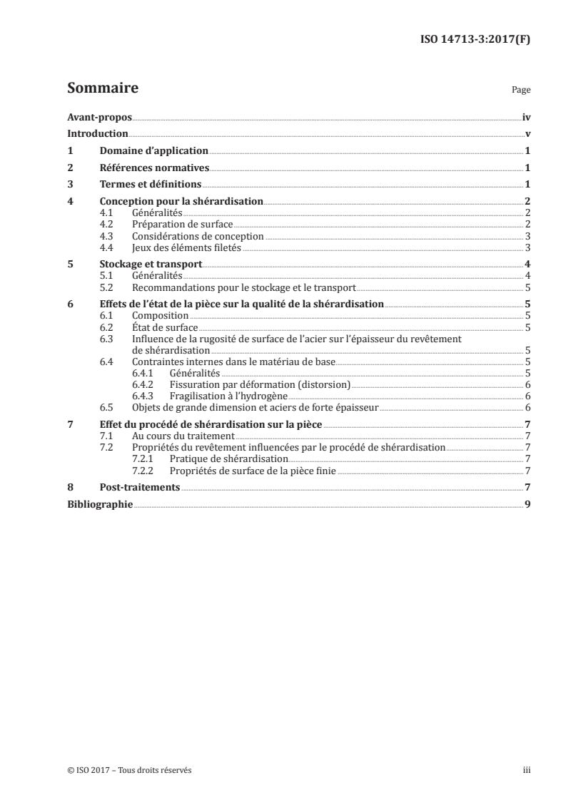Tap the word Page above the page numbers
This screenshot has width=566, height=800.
click(x=521, y=91)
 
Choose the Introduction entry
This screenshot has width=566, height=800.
click(x=97, y=133)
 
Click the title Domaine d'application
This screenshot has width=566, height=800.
click(x=153, y=150)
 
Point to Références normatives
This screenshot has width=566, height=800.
click(x=154, y=168)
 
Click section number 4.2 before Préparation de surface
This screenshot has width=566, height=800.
click(x=107, y=225)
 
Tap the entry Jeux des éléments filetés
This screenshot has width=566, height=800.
click(x=186, y=247)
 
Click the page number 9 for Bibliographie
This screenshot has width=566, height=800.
click(x=527, y=503)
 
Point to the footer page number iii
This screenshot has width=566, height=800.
click(x=527, y=770)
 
